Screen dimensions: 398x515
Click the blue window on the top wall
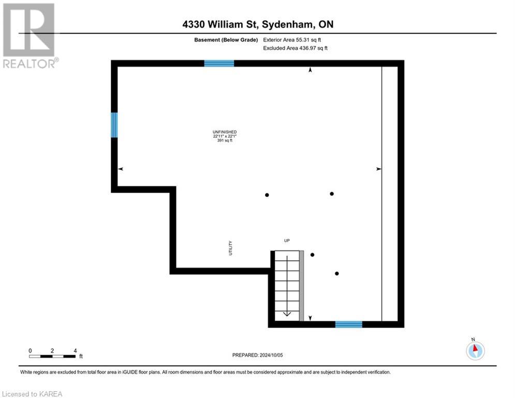coord(219,63)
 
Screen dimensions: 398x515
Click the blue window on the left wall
coord(114,125)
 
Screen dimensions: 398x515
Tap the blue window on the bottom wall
coord(348,324)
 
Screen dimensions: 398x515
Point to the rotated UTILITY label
coord(231,248)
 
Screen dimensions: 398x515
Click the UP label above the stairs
coord(287,240)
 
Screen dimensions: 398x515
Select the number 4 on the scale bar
coord(76,350)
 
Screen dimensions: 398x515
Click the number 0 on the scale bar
coord(31,350)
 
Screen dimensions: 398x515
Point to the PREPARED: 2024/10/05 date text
coord(257,355)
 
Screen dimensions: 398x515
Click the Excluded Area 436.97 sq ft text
coord(296,48)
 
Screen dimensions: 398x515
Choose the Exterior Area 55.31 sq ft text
coord(296,39)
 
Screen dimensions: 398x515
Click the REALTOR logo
coord(29,35)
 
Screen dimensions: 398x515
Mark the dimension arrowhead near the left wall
coord(121,169)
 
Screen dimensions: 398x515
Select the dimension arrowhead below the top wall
coord(311,70)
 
